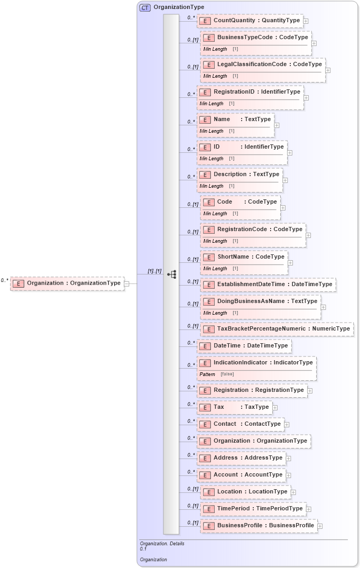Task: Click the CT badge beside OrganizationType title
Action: coord(145,7)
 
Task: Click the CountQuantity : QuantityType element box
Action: coord(256,21)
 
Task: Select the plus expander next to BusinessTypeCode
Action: coord(314,43)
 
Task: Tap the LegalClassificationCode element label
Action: coord(269,65)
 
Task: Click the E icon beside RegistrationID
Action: coord(205,92)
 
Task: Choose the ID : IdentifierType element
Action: coord(248,147)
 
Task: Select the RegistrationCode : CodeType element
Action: coord(260,230)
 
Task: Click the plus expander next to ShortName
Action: coord(290,262)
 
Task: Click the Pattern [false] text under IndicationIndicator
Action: coord(216,374)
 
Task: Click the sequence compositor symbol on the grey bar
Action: coord(171,274)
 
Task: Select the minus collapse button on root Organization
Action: coord(126,283)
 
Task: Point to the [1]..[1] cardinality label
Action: coord(154,271)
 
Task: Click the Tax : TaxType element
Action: coord(241,407)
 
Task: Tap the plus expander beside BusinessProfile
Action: coord(320,526)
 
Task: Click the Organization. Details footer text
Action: coord(162,543)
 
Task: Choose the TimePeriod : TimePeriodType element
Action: coord(260,509)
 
